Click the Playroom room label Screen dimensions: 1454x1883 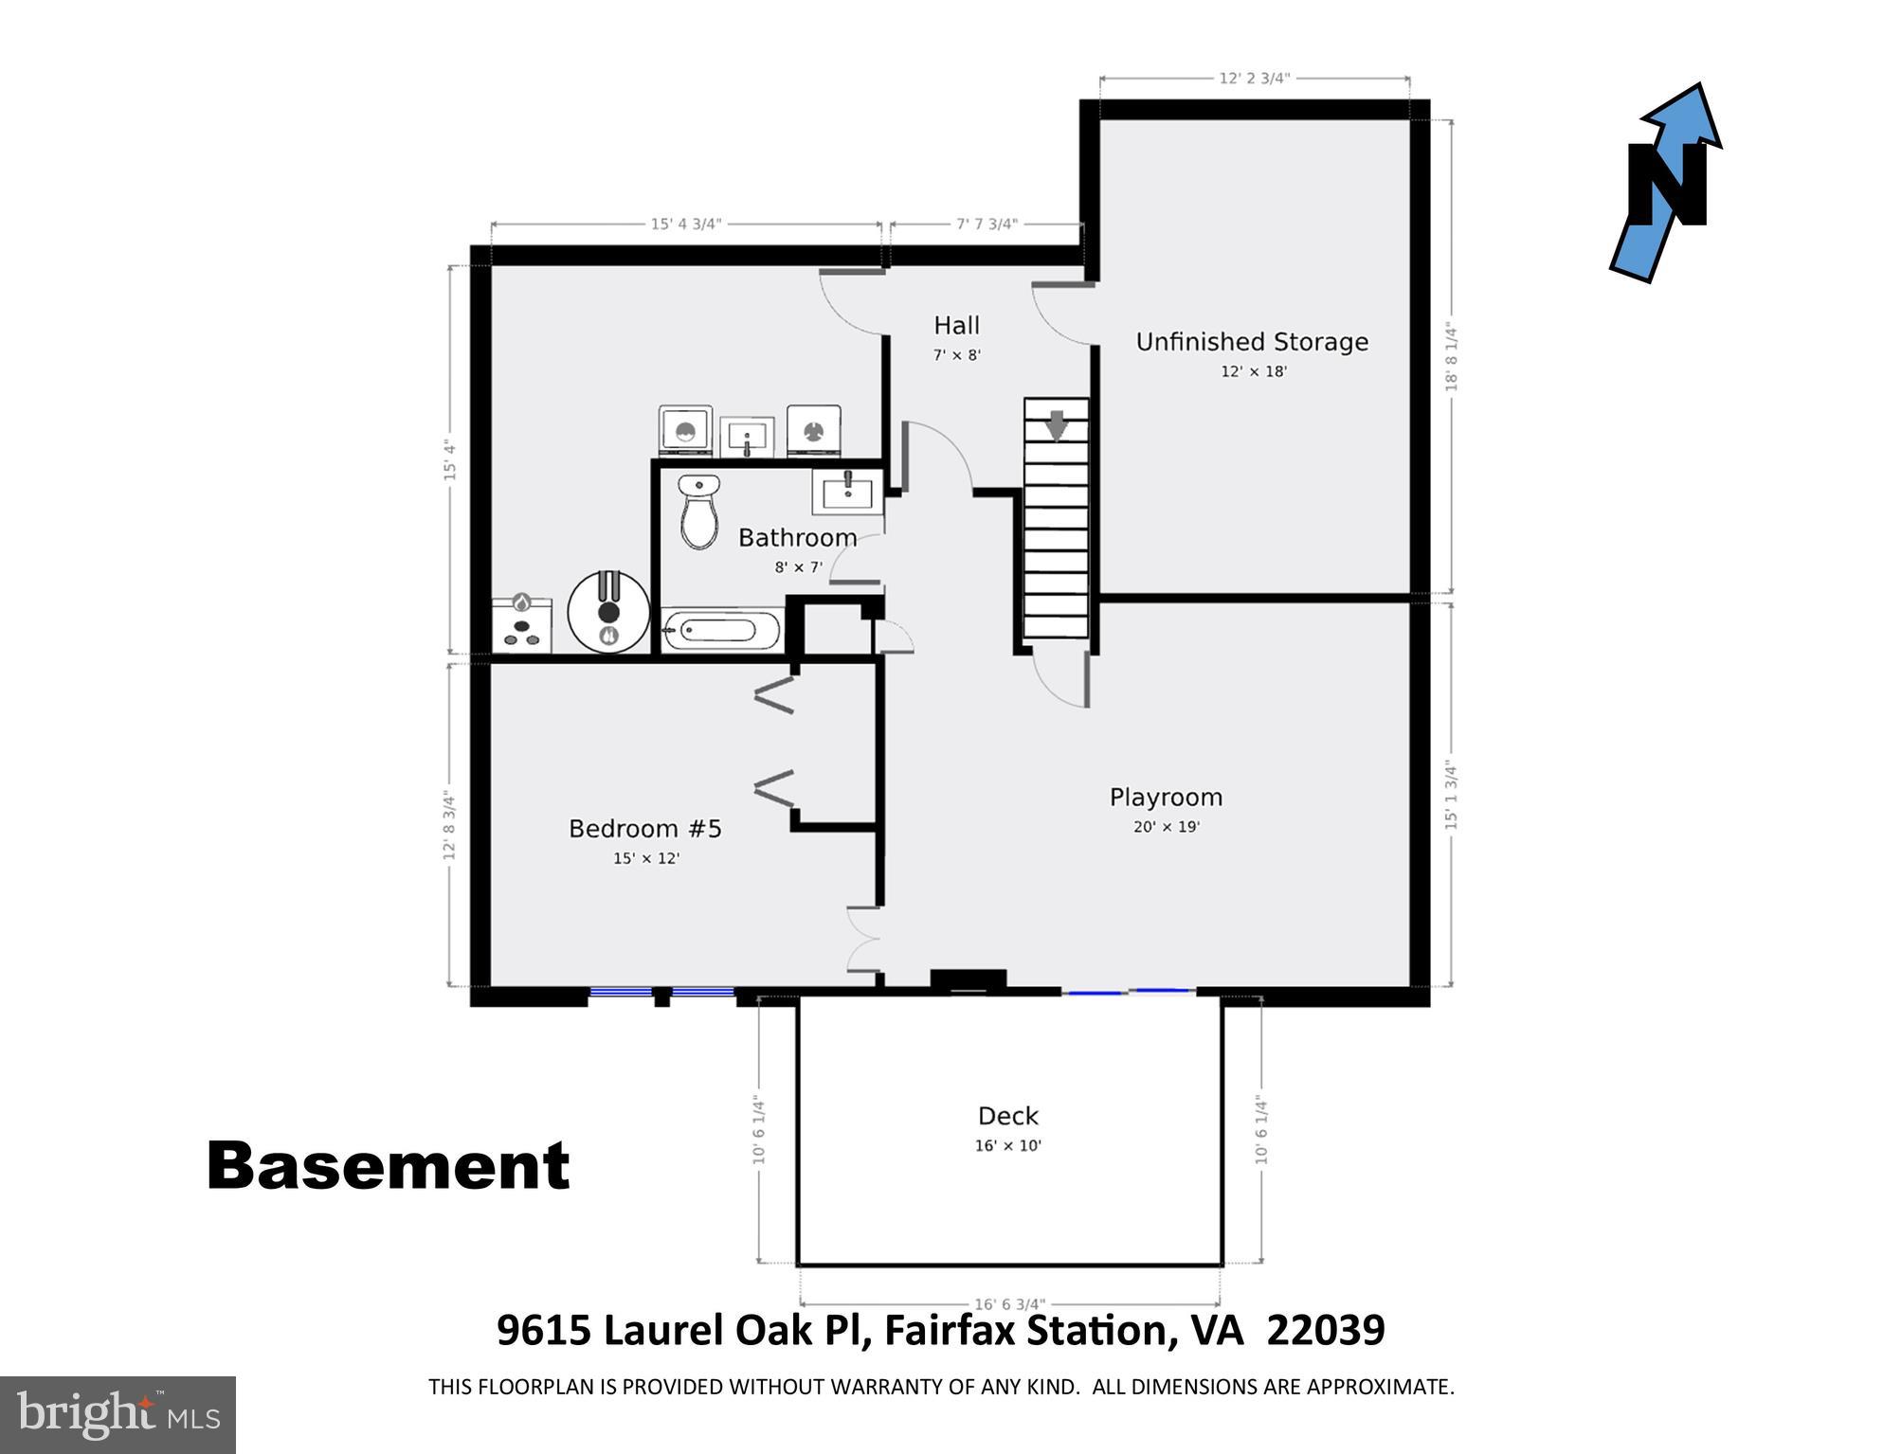1166,798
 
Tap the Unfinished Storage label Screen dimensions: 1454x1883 1252,342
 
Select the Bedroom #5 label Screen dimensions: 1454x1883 644,829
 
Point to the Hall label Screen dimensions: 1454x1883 956,326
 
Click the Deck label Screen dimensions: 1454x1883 1008,1116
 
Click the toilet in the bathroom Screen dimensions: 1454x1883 699,512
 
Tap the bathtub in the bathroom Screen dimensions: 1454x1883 721,630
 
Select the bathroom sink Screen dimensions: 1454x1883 847,493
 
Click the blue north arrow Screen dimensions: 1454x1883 1668,180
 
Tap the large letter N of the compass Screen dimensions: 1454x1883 1667,186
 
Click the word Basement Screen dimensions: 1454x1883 388,1166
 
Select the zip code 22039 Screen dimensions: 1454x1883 1325,1330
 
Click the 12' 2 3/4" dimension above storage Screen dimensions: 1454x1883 1254,78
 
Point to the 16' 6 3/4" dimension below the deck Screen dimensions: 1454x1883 1009,1304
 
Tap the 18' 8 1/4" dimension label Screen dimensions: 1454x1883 1451,356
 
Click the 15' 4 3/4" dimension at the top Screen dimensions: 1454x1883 685,224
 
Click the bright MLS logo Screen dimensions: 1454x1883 118,1414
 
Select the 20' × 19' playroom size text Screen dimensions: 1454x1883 1166,827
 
